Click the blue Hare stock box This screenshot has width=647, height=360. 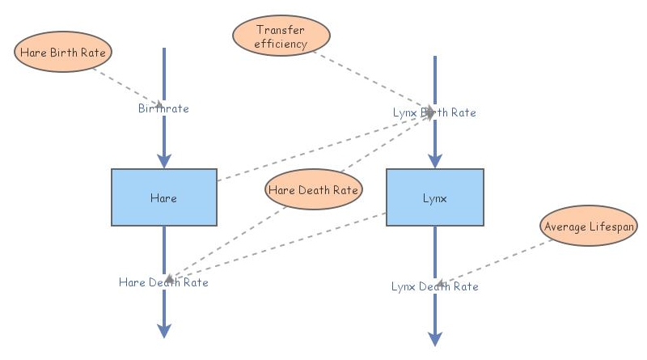pyautogui.click(x=163, y=197)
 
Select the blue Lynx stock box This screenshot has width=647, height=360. pyautogui.click(x=434, y=197)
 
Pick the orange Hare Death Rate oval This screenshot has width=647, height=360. pyautogui.click(x=314, y=190)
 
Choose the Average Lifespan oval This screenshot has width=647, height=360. pyautogui.click(x=588, y=227)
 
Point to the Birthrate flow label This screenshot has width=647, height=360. pyautogui.click(x=163, y=108)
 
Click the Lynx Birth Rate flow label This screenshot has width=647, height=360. pyautogui.click(x=434, y=112)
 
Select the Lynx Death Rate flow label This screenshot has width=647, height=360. pyautogui.click(x=434, y=286)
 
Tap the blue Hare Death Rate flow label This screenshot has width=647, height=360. pyautogui.click(x=163, y=282)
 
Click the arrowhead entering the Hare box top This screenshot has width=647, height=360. pyautogui.click(x=164, y=159)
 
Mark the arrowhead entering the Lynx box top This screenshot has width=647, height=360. pyautogui.click(x=435, y=159)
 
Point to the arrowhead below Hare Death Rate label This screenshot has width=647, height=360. pyautogui.click(x=164, y=329)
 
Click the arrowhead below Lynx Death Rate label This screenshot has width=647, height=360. pyautogui.click(x=435, y=337)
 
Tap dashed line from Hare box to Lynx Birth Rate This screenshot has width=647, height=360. pyautogui.click(x=323, y=146)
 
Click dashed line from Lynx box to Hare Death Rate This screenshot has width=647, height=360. pyautogui.click(x=283, y=243)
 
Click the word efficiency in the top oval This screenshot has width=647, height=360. pyautogui.click(x=281, y=44)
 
